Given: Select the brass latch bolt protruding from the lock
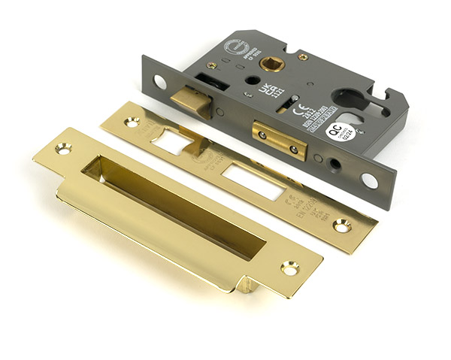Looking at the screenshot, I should coord(189,98).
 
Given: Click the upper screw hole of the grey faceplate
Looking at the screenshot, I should coord(160,82).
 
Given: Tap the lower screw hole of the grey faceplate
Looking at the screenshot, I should coord(369,180).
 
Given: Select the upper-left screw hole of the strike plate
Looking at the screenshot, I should coord(63,149).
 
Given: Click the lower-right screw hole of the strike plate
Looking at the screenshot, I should coord(289,268).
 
